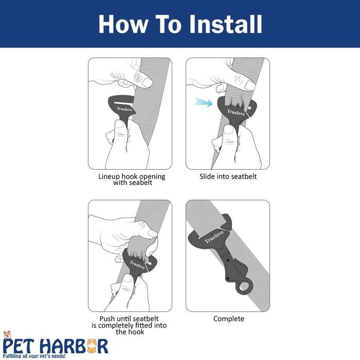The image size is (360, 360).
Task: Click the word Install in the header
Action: point(226,24)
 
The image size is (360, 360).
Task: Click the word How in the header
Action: point(123,24)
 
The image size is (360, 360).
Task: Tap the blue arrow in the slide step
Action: point(203,102)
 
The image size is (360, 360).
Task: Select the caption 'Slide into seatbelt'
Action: point(228,176)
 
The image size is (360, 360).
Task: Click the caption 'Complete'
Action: point(229,319)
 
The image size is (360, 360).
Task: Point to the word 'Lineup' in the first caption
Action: point(109,176)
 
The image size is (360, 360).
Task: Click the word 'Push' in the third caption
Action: point(107,318)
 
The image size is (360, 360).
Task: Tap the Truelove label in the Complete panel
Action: point(214,237)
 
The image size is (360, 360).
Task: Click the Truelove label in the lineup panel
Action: point(124,109)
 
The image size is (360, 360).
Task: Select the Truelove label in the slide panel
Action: point(236,112)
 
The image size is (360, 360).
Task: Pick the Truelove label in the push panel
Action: point(137,265)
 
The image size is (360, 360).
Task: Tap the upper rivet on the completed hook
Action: point(228,261)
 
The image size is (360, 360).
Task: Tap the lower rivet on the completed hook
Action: point(228,278)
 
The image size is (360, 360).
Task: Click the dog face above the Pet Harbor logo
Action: point(8,335)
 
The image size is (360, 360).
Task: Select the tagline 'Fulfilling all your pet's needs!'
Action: point(34,356)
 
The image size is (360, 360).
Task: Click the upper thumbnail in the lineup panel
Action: point(145,82)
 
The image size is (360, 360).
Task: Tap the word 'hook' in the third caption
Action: point(137,332)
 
